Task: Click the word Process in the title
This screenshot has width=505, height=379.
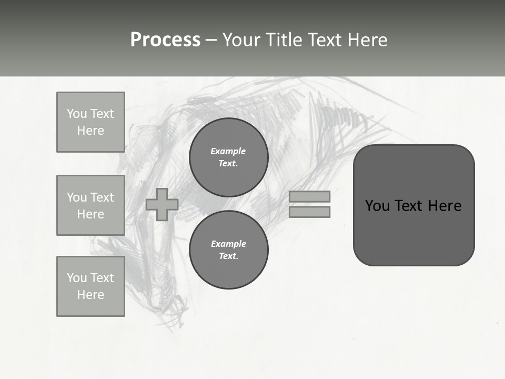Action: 165,40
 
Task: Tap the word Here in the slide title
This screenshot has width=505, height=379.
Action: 368,40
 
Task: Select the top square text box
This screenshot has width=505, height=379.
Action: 90,122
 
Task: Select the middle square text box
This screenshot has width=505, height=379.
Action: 90,205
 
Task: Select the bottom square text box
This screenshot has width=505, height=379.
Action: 90,286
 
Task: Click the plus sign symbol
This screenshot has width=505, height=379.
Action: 162,204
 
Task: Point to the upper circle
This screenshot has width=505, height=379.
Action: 228,157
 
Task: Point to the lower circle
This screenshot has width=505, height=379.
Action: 228,250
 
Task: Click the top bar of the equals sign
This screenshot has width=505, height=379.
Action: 309,196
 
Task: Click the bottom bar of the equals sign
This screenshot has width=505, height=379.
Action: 309,212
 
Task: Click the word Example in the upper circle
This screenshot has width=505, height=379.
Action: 228,151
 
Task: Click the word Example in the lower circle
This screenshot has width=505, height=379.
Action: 228,244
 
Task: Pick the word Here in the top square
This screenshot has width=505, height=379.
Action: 90,131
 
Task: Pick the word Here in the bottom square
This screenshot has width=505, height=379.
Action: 90,295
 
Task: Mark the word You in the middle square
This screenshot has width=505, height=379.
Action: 77,197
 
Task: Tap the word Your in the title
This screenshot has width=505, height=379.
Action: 241,40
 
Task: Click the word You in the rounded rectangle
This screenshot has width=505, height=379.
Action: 377,206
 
